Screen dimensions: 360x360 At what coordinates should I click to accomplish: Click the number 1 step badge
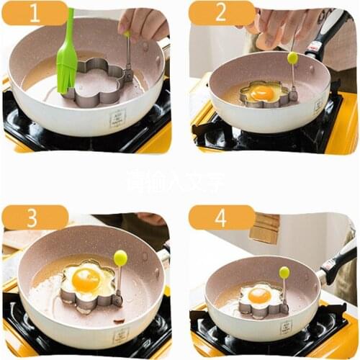pyautogui.click(x=34, y=13)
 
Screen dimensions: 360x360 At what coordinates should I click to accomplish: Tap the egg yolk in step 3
pyautogui.click(x=86, y=280)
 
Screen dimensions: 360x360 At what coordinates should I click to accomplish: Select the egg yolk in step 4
pyautogui.click(x=260, y=295)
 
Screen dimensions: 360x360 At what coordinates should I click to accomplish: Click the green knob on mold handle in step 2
pyautogui.click(x=292, y=58)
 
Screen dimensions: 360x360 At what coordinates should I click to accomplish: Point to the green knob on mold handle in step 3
pyautogui.click(x=120, y=257)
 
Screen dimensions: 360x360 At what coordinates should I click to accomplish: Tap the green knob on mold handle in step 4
pyautogui.click(x=284, y=272)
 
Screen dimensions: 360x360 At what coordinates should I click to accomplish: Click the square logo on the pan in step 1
pyautogui.click(x=118, y=117)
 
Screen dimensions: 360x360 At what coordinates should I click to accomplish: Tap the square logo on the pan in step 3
pyautogui.click(x=122, y=335)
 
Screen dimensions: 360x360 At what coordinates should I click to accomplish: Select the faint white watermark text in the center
pyautogui.click(x=176, y=180)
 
